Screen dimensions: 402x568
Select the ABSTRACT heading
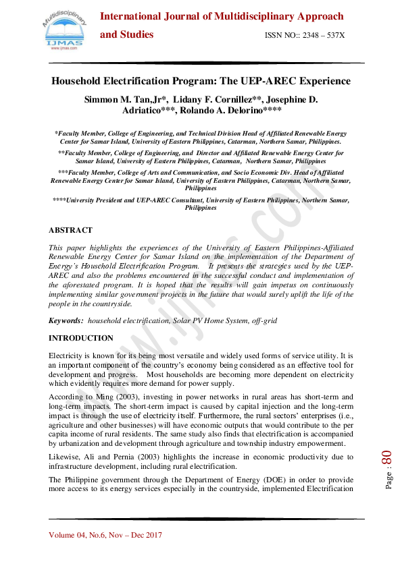[70, 231]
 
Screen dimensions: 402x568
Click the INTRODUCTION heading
[81, 338]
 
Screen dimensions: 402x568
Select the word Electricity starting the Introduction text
[65, 355]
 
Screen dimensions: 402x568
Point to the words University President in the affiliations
[97, 200]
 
